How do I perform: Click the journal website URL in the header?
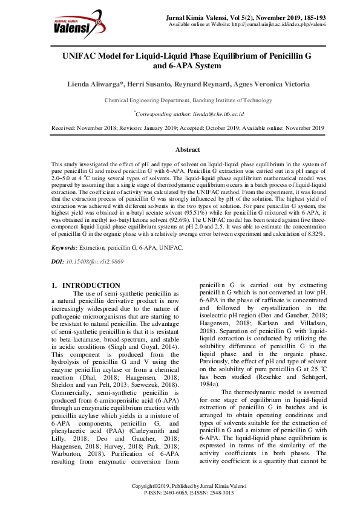point(275,25)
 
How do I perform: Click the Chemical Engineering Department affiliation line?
point(188,100)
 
